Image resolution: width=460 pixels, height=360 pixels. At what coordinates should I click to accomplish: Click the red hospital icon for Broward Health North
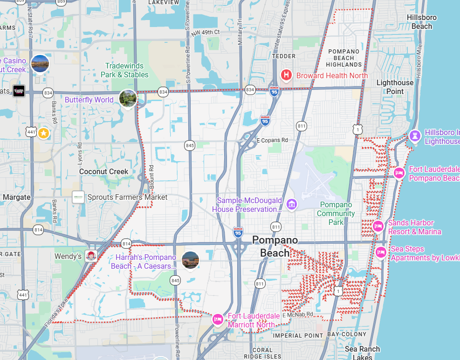pyautogui.click(x=286, y=75)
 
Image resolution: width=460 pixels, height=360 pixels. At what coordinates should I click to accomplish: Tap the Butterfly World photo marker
pyautogui.click(x=128, y=98)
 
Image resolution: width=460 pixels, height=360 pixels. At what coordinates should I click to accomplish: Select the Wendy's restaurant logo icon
pyautogui.click(x=91, y=256)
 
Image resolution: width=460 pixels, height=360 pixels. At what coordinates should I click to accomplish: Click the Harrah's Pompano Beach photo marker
pyautogui.click(x=190, y=259)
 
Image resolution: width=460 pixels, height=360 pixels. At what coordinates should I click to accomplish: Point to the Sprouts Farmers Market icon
pyautogui.click(x=78, y=197)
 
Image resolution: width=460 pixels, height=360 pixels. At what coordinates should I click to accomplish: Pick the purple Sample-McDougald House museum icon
pyautogui.click(x=292, y=204)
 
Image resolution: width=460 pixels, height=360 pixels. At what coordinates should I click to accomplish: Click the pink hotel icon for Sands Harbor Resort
pyautogui.click(x=378, y=227)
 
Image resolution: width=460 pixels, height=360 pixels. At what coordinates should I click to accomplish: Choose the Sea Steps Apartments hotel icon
pyautogui.click(x=381, y=252)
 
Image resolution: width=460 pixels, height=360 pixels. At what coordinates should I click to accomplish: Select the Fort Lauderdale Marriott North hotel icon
pyautogui.click(x=218, y=319)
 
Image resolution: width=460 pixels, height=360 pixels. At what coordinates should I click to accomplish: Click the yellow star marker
pyautogui.click(x=43, y=133)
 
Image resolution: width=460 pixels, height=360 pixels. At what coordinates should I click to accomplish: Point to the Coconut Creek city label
pyautogui.click(x=103, y=171)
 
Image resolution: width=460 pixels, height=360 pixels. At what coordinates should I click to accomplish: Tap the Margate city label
pyautogui.click(x=16, y=197)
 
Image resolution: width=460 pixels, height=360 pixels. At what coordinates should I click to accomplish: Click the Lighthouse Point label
pyautogui.click(x=395, y=87)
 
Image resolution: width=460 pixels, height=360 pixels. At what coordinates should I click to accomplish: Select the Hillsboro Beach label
pyautogui.click(x=421, y=22)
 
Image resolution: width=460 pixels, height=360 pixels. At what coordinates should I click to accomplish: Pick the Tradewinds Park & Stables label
pyautogui.click(x=126, y=70)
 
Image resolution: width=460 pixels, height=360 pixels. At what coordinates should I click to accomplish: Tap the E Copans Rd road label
pyautogui.click(x=272, y=140)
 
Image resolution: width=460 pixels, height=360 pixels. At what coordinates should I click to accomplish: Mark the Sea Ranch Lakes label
pyautogui.click(x=362, y=353)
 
